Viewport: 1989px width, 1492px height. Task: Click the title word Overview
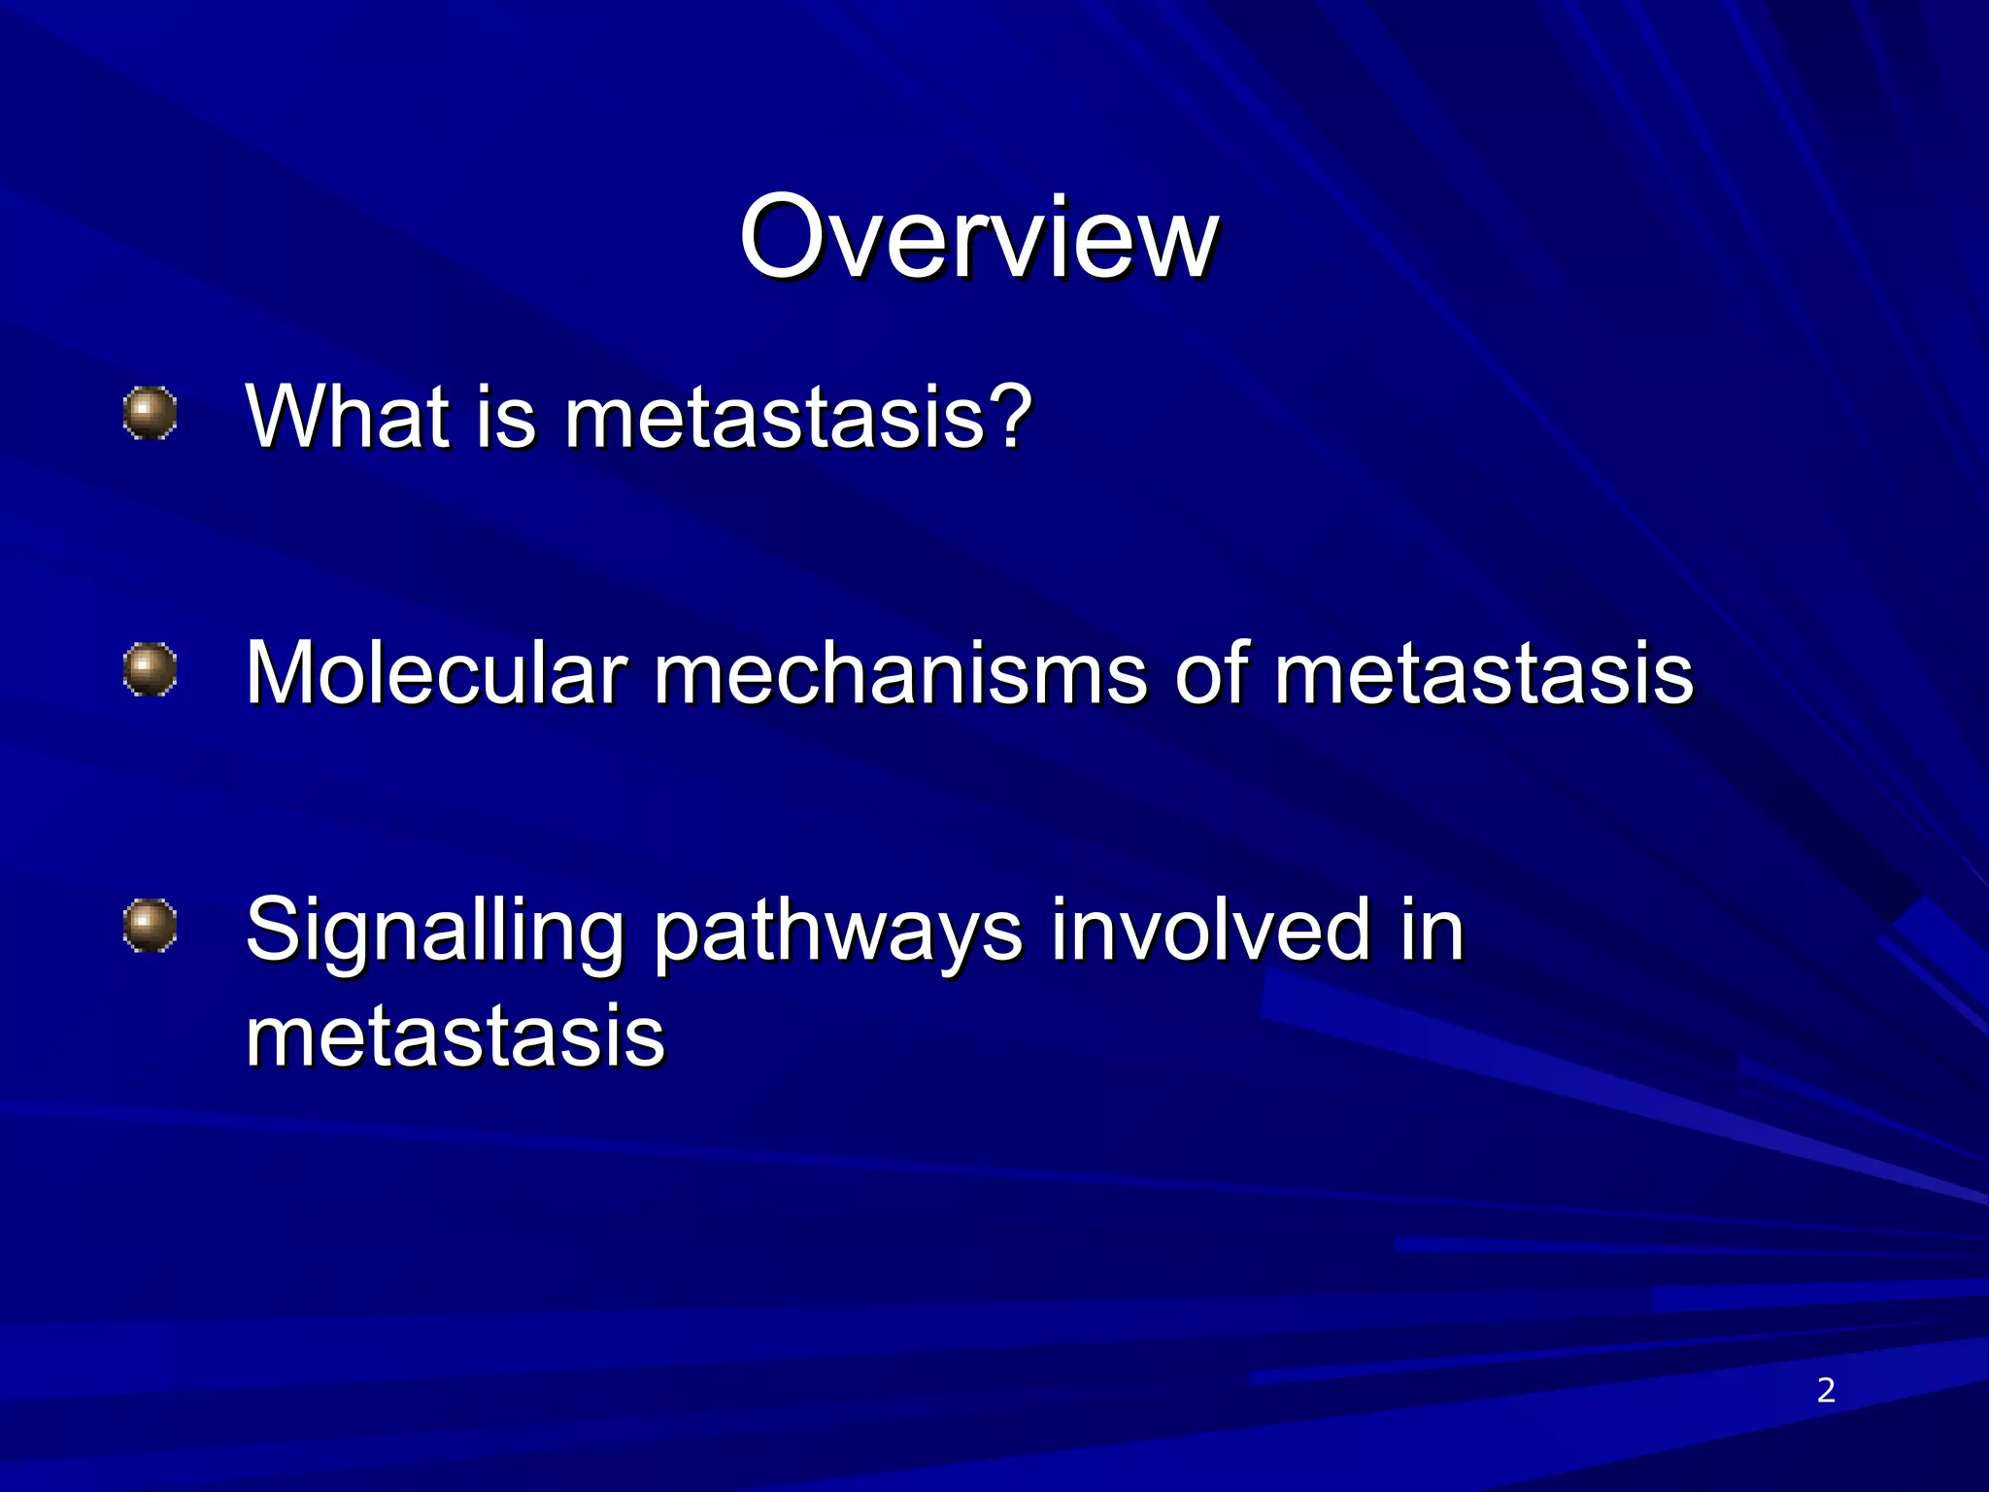(x=978, y=238)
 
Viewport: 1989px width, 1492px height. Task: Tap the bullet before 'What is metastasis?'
(x=151, y=415)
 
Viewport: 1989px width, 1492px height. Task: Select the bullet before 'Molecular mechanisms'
(x=151, y=670)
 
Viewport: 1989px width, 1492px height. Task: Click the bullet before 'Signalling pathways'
(x=151, y=926)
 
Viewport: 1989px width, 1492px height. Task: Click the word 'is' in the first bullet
(x=506, y=418)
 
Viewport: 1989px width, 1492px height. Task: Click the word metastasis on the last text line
(x=455, y=1035)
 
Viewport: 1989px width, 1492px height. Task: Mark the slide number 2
(x=1826, y=1390)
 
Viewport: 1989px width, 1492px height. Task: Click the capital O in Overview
(x=783, y=238)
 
